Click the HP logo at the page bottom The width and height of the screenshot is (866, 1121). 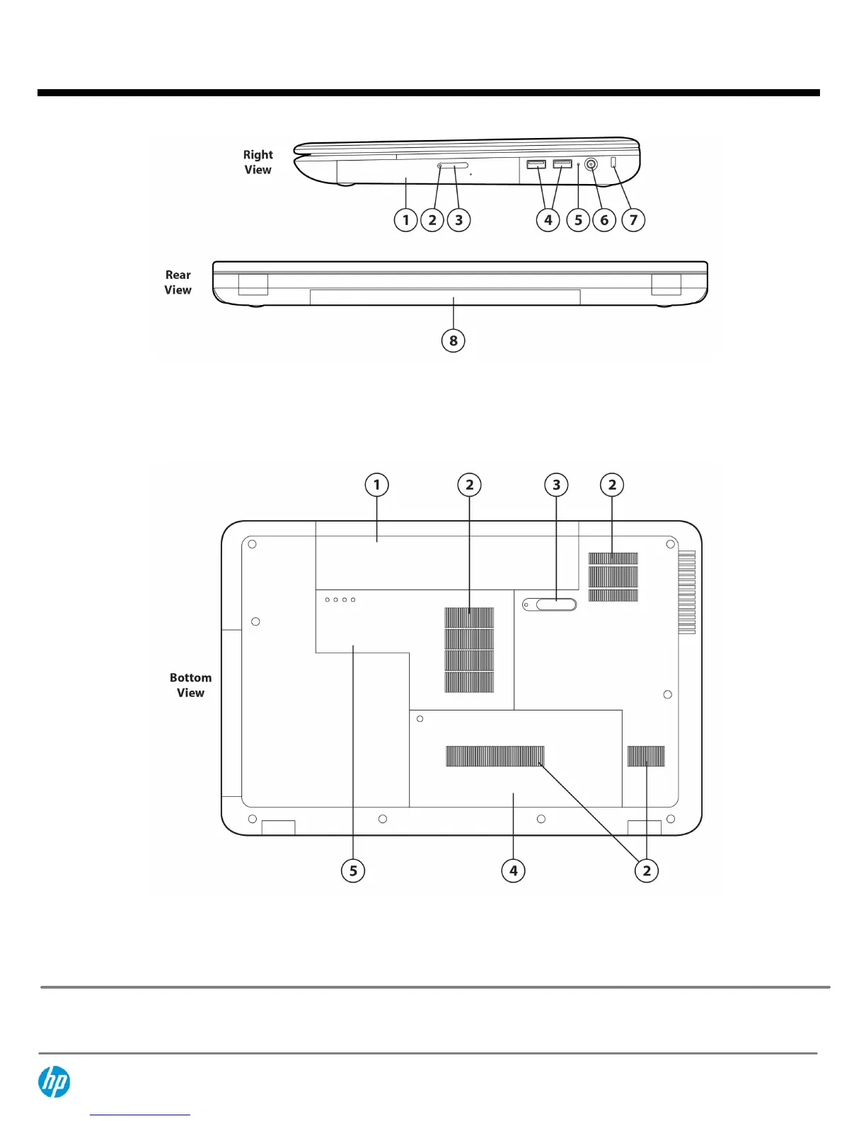pyautogui.click(x=54, y=1081)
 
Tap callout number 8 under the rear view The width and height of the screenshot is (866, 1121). pyautogui.click(x=454, y=340)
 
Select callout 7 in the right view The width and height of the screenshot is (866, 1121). pyautogui.click(x=633, y=220)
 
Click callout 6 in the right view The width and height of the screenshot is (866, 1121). pyautogui.click(x=604, y=220)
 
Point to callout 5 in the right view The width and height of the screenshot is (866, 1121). pyautogui.click(x=578, y=220)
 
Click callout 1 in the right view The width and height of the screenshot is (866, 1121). pyautogui.click(x=405, y=220)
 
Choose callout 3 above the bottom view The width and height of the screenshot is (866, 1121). pyautogui.click(x=556, y=485)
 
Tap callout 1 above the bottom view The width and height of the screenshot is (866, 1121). pyautogui.click(x=376, y=485)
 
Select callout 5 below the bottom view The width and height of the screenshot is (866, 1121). pyautogui.click(x=353, y=870)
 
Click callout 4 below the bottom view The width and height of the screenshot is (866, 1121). pyautogui.click(x=514, y=870)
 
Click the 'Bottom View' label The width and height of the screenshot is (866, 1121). pyautogui.click(x=190, y=685)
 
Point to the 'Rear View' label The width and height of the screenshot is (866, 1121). pyautogui.click(x=178, y=282)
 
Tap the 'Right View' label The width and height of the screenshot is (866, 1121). pyautogui.click(x=258, y=162)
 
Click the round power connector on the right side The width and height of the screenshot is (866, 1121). pyautogui.click(x=591, y=165)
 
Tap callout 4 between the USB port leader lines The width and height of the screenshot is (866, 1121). pyautogui.click(x=548, y=220)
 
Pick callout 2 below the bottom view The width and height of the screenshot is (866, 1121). pyautogui.click(x=646, y=870)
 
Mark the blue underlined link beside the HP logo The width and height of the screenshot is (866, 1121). pyautogui.click(x=140, y=1113)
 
